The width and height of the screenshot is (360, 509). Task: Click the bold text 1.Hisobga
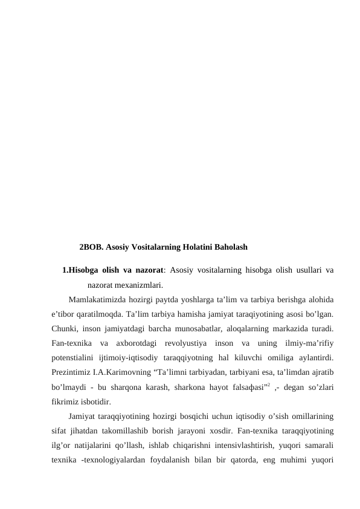pyautogui.click(x=82, y=270)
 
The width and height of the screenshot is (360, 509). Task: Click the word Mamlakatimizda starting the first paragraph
pyautogui.click(x=99, y=299)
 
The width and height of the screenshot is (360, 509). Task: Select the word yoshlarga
pyautogui.click(x=208, y=299)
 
